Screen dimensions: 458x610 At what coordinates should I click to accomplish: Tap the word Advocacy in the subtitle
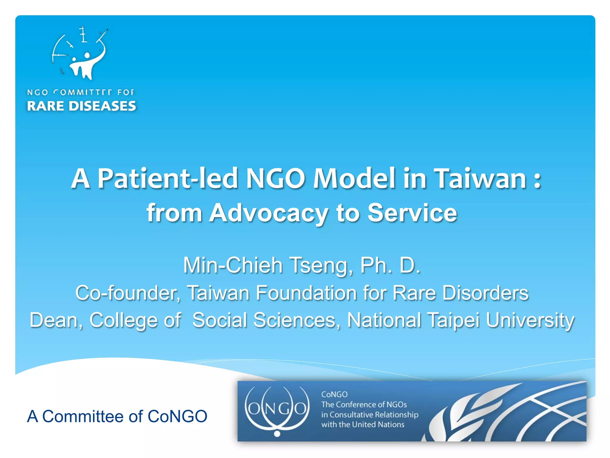pyautogui.click(x=268, y=213)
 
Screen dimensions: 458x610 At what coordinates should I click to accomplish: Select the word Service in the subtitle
pyautogui.click(x=412, y=213)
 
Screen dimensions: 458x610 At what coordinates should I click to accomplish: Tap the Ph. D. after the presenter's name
pyautogui.click(x=390, y=265)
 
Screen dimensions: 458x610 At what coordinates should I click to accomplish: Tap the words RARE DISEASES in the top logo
pyautogui.click(x=81, y=106)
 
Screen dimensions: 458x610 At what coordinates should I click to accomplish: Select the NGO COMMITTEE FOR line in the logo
pyautogui.click(x=80, y=92)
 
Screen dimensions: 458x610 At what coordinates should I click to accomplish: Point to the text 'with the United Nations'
pyautogui.click(x=362, y=424)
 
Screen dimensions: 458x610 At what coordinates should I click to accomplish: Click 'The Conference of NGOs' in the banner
pyautogui.click(x=364, y=404)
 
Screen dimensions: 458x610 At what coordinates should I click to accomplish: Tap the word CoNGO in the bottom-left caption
pyautogui.click(x=177, y=416)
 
